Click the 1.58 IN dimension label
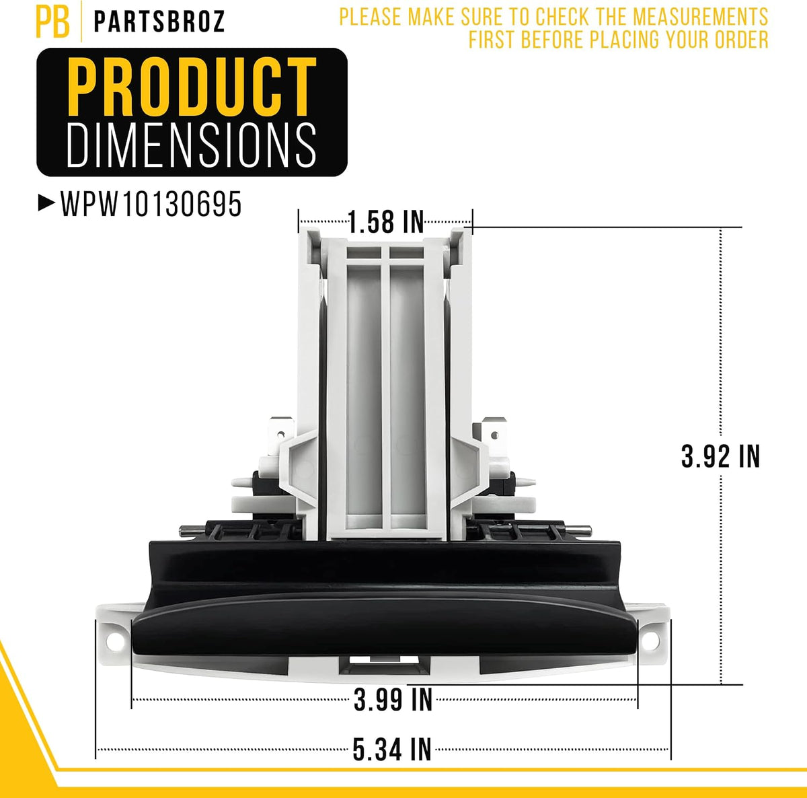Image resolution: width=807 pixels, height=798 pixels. pyautogui.click(x=386, y=222)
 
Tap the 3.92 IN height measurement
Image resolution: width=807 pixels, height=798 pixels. pyautogui.click(x=720, y=456)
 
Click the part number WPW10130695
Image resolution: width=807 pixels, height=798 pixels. pyautogui.click(x=151, y=204)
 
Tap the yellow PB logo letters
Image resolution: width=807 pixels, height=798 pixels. pyautogui.click(x=52, y=21)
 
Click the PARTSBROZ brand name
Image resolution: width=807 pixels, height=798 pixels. pyautogui.click(x=159, y=22)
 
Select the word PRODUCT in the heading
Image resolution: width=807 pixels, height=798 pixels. pyautogui.click(x=192, y=87)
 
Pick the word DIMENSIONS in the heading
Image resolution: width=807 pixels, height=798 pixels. pyautogui.click(x=192, y=145)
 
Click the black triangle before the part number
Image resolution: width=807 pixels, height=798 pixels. pyautogui.click(x=46, y=204)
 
